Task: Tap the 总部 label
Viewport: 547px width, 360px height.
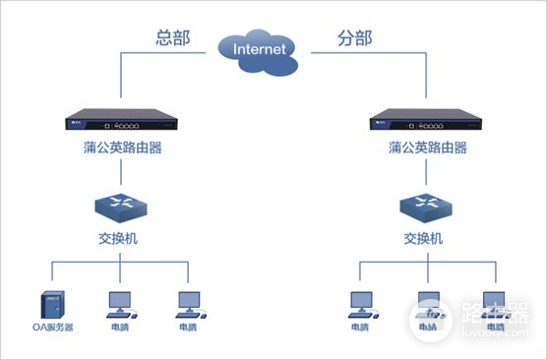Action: pyautogui.click(x=170, y=38)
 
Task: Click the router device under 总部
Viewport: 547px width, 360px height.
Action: pyautogui.click(x=120, y=126)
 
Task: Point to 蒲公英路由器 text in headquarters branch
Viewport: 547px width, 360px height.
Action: pyautogui.click(x=120, y=149)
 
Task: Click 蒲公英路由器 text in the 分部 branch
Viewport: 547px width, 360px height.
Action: pyautogui.click(x=427, y=149)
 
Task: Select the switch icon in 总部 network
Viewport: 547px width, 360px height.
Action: pyautogui.click(x=120, y=209)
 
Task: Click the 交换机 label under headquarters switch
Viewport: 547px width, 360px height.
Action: pyautogui.click(x=120, y=238)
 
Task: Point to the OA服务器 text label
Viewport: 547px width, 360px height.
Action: pyautogui.click(x=51, y=328)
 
